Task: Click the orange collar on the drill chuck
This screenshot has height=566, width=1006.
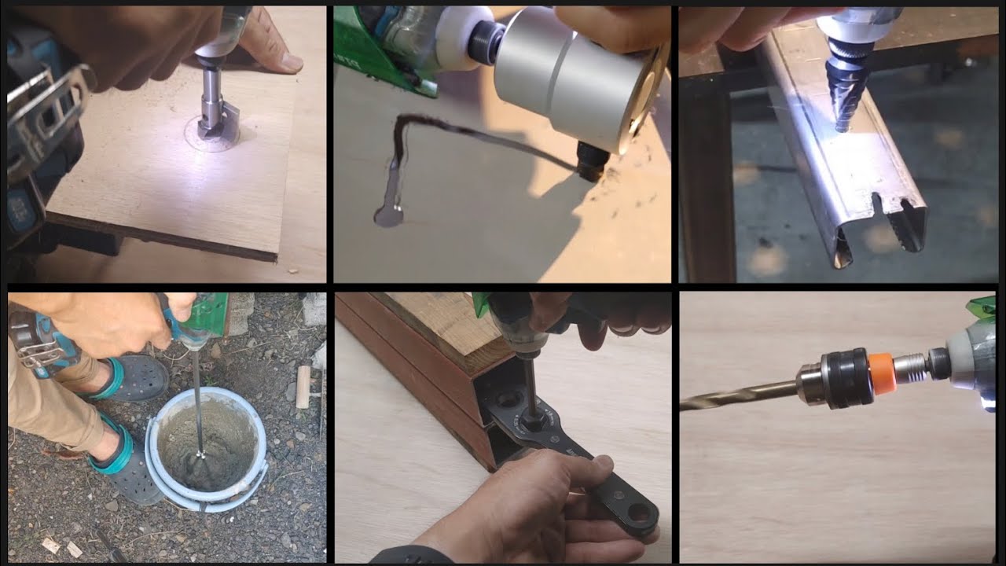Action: click(x=879, y=369)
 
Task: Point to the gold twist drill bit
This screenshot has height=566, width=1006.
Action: click(x=739, y=392)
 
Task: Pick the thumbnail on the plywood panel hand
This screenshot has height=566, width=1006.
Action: click(x=292, y=62)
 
